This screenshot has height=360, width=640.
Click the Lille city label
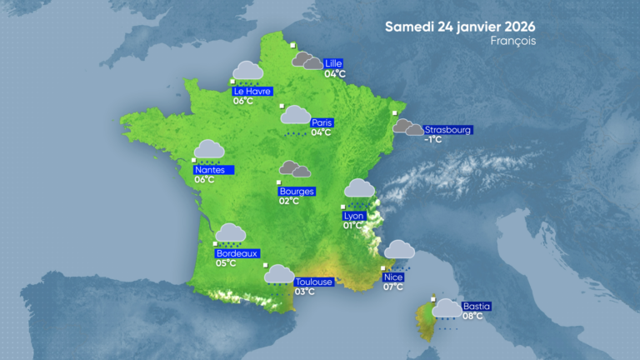pyautogui.click(x=334, y=63)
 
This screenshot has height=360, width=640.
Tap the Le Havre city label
pyautogui.click(x=252, y=92)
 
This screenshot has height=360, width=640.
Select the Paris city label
pyautogui.click(x=321, y=122)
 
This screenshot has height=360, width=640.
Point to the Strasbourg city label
pyautogui.click(x=448, y=130)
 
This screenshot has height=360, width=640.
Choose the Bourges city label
pyautogui.click(x=297, y=192)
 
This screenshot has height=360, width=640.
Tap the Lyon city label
pyautogui.click(x=353, y=216)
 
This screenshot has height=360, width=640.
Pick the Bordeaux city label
pyautogui.click(x=237, y=253)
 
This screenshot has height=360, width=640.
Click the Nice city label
pyautogui.click(x=392, y=277)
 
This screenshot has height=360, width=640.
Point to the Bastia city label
pyautogui.click(x=477, y=306)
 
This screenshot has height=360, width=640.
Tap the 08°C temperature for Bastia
pyautogui.click(x=472, y=316)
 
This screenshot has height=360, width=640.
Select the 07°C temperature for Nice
pyautogui.click(x=392, y=287)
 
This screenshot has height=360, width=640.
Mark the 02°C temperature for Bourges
pyautogui.click(x=289, y=202)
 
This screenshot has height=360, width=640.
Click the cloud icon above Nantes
pyautogui.click(x=209, y=149)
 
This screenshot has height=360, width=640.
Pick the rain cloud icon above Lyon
pyautogui.click(x=359, y=188)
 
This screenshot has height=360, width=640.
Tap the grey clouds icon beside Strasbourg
pyautogui.click(x=407, y=127)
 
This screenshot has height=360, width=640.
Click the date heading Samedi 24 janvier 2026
pyautogui.click(x=460, y=26)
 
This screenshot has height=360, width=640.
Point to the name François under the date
pyautogui.click(x=513, y=41)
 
